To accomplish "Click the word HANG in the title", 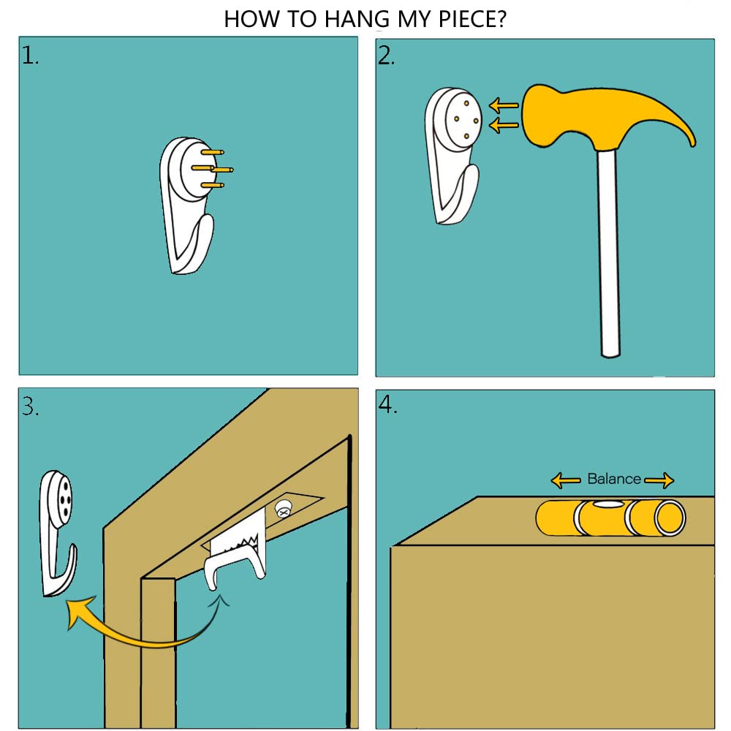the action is [x=357, y=20].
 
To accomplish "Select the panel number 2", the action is [x=386, y=56].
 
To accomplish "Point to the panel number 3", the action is [x=30, y=406].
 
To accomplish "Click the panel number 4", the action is [x=388, y=405].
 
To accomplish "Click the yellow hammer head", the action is [x=602, y=116].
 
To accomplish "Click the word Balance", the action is [x=614, y=479].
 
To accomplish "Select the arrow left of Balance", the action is [x=566, y=480].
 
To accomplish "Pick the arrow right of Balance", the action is [x=659, y=480].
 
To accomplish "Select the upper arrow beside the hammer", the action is [x=504, y=105].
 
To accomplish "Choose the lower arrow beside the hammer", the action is [x=504, y=125].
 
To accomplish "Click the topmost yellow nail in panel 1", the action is [x=213, y=152].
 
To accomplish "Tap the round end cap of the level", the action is [x=670, y=518].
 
